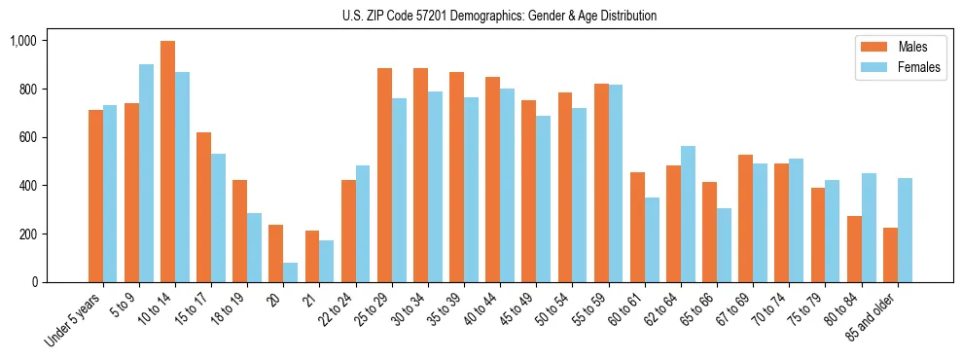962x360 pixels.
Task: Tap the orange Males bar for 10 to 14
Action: click(167, 162)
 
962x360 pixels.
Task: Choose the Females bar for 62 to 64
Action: click(688, 214)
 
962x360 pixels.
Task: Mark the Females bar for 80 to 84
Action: click(869, 228)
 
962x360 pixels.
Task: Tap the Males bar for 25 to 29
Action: click(384, 175)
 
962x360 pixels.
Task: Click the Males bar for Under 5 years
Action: click(95, 196)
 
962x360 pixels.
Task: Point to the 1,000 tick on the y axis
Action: click(22, 41)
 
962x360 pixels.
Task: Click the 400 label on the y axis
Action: click(26, 186)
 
